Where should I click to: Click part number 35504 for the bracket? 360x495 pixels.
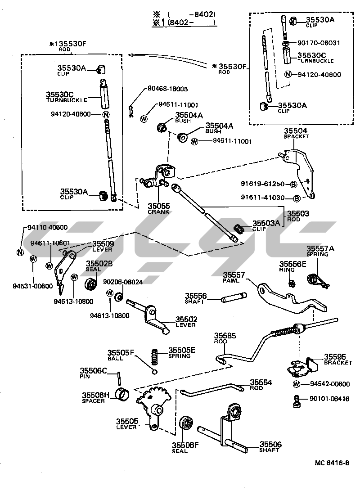[x=296, y=131]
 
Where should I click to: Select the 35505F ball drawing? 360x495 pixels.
[x=154, y=371]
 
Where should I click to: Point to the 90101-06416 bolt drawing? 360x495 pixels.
[x=296, y=400]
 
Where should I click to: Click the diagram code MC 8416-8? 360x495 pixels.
[x=332, y=463]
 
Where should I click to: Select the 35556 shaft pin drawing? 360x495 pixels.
[x=234, y=298]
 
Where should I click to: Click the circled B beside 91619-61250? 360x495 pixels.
[x=292, y=184]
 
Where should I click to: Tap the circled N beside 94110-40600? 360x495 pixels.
[x=20, y=252]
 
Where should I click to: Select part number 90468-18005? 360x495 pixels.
[x=167, y=90]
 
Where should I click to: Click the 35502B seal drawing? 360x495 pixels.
[x=91, y=284]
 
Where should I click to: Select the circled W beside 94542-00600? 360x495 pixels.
[x=297, y=384]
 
